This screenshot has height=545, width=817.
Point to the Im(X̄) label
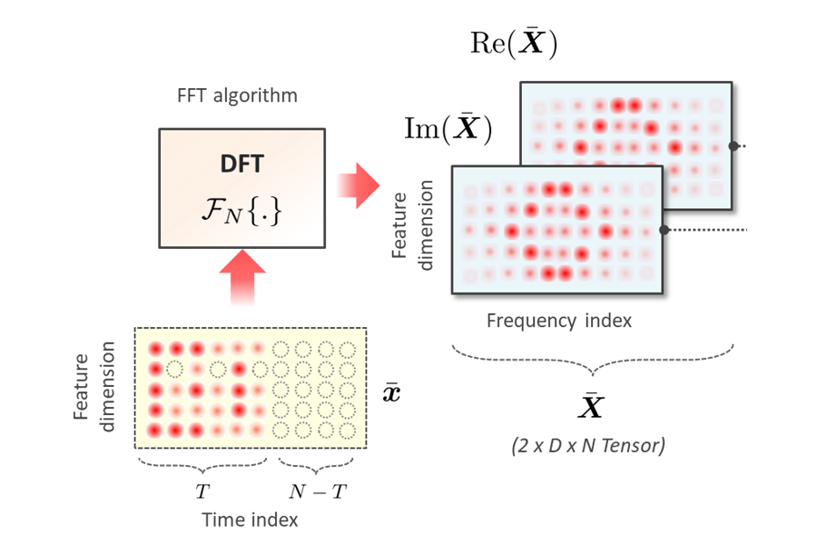448,128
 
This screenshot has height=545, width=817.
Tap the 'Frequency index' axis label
558,320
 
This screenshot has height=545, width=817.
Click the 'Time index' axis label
250,520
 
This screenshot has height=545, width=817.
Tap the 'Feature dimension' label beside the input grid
96,387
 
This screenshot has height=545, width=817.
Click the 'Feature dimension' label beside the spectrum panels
414,223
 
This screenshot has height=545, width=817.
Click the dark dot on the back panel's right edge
732,145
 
